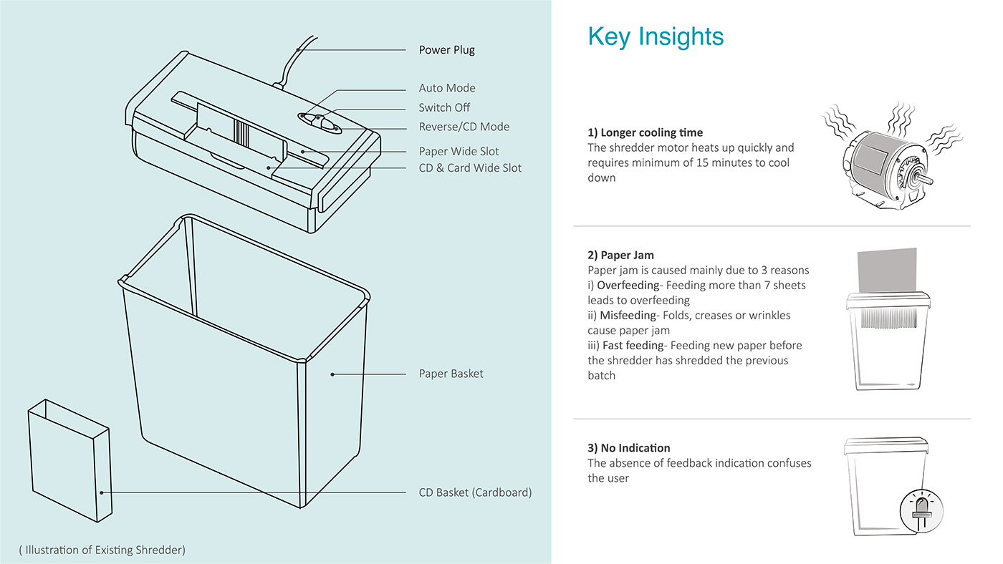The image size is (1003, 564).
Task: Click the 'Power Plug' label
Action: point(446,50)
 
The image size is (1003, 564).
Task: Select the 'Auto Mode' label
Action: point(447,88)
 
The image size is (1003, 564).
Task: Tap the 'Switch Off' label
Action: point(444,108)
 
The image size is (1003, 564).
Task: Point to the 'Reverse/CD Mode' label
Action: point(464,127)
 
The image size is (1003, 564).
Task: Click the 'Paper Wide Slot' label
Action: point(459,152)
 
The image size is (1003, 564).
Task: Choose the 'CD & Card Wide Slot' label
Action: point(470,168)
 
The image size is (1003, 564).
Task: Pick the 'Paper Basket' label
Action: point(451,374)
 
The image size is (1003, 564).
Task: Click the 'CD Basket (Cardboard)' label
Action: point(475,492)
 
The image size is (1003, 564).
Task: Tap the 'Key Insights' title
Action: point(656,37)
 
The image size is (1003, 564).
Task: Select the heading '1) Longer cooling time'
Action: point(646,132)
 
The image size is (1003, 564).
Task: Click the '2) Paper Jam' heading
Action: point(620,255)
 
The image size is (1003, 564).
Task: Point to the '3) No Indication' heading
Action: point(629,448)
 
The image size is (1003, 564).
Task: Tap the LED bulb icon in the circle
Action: point(921,511)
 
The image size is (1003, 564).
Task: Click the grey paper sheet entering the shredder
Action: point(887,271)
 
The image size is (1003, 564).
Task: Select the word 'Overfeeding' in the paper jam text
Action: point(628,286)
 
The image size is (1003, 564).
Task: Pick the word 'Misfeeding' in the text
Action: point(628,316)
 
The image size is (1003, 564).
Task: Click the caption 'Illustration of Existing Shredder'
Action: point(102,550)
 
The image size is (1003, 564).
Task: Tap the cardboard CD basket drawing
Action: point(70,461)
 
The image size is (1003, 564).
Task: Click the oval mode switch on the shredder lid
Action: point(320,122)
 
